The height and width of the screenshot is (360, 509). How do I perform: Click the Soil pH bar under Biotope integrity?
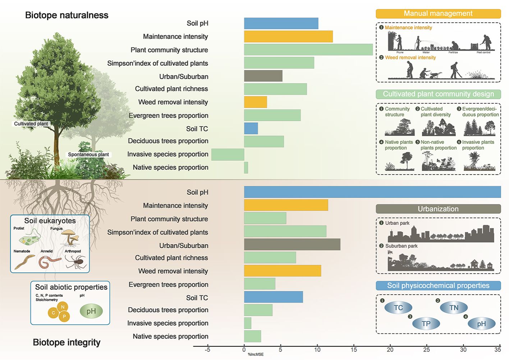tap(372, 192)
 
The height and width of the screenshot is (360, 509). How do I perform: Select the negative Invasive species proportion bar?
tap(228, 154)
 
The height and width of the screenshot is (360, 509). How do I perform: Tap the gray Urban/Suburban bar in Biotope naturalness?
tap(263, 76)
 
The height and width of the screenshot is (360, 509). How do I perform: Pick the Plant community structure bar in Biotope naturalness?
tap(308, 50)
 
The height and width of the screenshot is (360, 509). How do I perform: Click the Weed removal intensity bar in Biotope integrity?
tap(282, 271)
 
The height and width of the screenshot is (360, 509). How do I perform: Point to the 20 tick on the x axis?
tap(390, 349)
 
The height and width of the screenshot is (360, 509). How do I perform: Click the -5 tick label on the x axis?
tap(207, 349)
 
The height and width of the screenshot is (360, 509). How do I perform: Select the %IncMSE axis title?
tap(256, 355)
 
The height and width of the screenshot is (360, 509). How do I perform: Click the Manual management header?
tap(438, 14)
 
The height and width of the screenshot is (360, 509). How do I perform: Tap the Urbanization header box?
tap(438, 209)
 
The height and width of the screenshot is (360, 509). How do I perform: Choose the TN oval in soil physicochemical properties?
tap(454, 308)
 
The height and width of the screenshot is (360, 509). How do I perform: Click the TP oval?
tap(426, 323)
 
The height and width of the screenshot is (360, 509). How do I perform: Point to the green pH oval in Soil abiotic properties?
tap(91, 311)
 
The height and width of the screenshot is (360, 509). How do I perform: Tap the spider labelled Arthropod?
tap(77, 262)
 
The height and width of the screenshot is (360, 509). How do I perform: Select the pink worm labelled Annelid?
tap(49, 262)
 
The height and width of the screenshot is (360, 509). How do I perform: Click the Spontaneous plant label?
tap(88, 154)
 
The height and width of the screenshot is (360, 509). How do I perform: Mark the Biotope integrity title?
tap(67, 342)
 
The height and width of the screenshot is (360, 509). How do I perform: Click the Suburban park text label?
tap(401, 246)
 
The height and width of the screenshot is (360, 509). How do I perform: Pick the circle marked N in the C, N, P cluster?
tap(63, 307)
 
